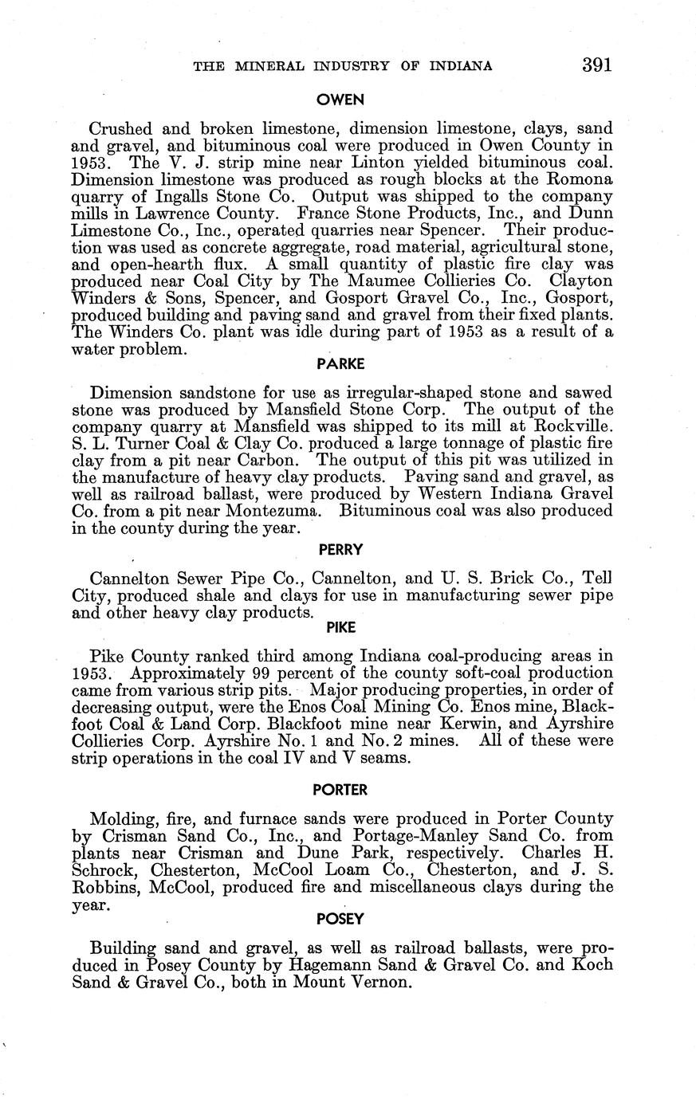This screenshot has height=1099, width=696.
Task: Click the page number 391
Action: [596, 65]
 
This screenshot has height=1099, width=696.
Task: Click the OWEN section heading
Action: [340, 100]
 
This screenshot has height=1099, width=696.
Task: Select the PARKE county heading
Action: [340, 364]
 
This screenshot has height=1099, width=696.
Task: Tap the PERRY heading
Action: [340, 549]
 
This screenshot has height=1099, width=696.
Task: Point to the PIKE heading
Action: [340, 627]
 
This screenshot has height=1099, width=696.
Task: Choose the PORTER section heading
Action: [340, 790]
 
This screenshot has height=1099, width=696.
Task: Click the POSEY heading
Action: [340, 919]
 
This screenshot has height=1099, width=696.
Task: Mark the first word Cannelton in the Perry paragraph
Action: [132, 578]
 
